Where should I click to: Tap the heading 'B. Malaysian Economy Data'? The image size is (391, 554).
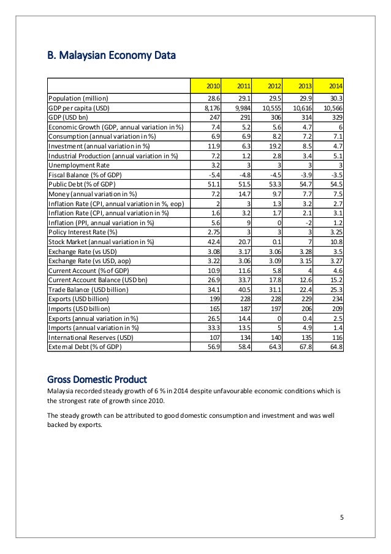coord(112,57)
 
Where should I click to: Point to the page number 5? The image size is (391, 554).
coord(342,516)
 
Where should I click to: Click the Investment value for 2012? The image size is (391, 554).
coord(273,146)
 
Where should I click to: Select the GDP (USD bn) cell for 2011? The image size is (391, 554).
coord(241,117)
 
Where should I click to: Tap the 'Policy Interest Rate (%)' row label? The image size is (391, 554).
coord(83,232)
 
